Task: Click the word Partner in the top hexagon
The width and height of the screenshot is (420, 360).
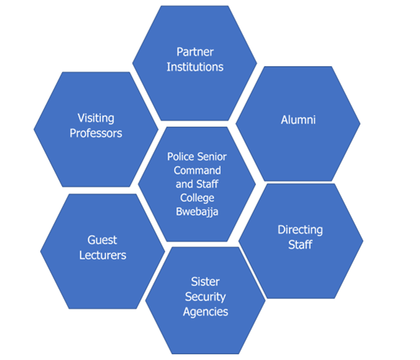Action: (195, 52)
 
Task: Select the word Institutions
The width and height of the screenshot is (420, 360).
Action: (195, 67)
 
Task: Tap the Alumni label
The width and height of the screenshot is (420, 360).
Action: (298, 120)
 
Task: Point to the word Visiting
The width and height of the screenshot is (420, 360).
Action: (96, 119)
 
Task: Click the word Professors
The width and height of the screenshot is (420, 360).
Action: (96, 134)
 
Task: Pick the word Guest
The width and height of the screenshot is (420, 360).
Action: (102, 240)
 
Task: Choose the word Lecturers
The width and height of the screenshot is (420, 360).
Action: (103, 255)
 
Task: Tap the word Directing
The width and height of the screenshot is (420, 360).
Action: (300, 230)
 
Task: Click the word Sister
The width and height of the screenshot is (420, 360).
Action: (205, 282)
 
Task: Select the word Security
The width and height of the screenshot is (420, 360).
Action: (205, 297)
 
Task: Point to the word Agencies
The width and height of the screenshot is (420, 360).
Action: (206, 312)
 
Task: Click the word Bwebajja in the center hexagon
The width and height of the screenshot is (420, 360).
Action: (197, 212)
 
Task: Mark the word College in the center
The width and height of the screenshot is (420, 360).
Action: (197, 198)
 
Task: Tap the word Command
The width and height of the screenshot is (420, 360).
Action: (197, 170)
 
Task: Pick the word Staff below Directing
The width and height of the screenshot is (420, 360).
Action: (300, 244)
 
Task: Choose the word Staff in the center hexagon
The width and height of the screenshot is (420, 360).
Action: (207, 184)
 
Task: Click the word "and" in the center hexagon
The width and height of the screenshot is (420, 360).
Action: (184, 184)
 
